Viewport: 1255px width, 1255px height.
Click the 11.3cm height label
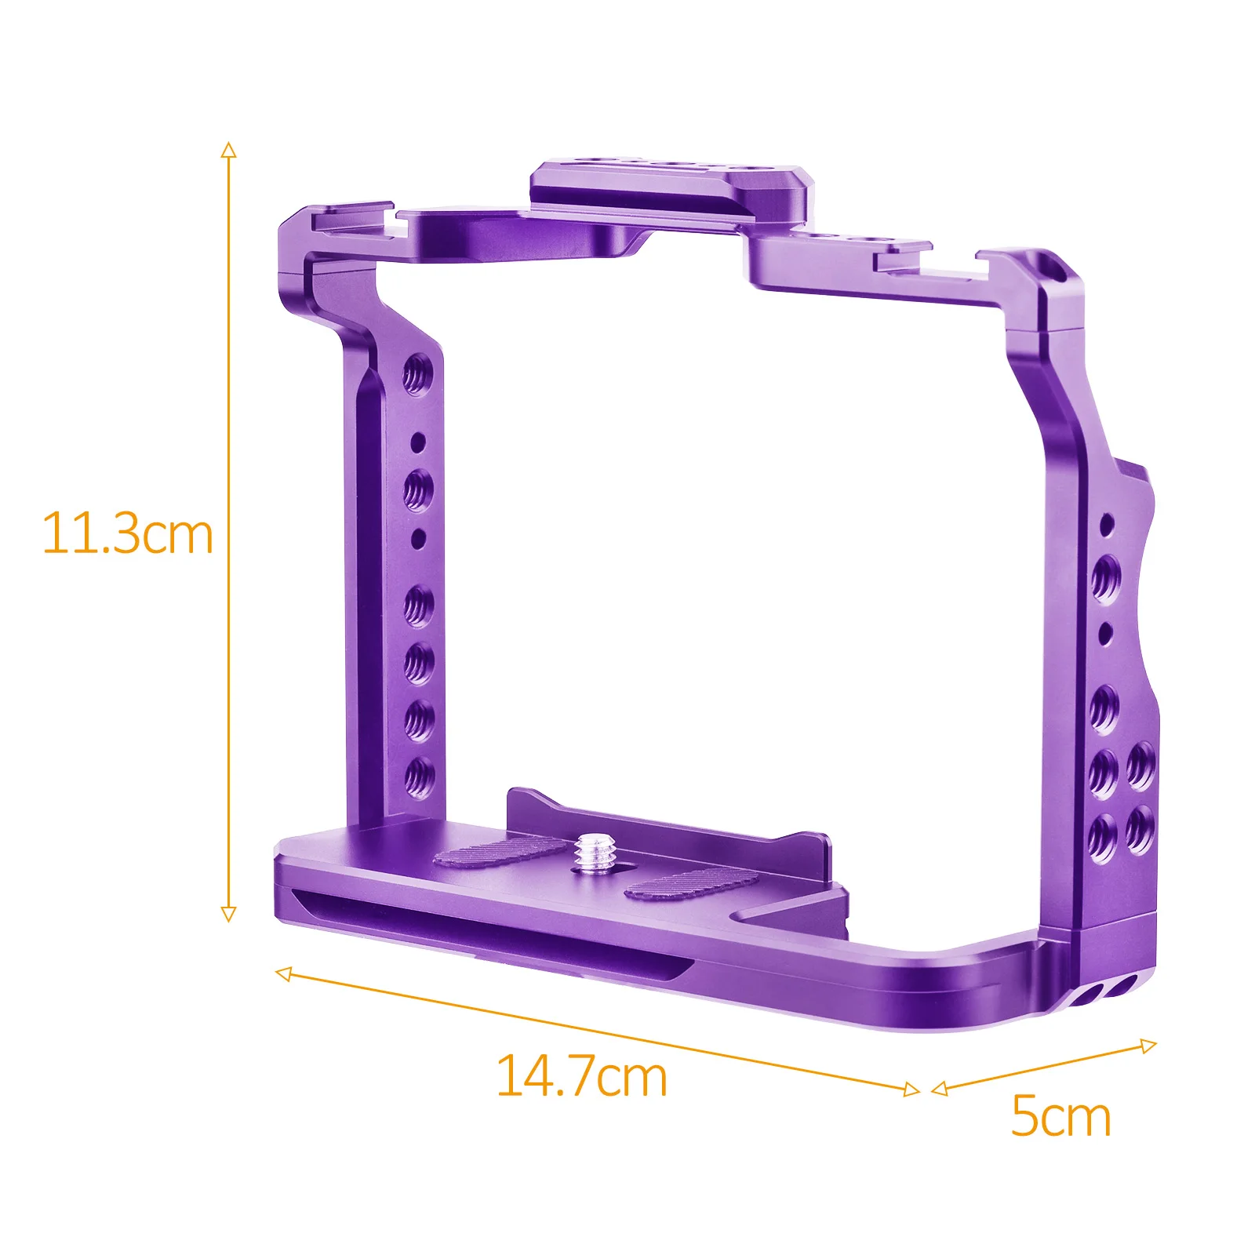pyautogui.click(x=127, y=534)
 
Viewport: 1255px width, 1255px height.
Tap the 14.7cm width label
pyautogui.click(x=581, y=1077)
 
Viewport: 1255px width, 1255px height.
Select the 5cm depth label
pyautogui.click(x=1060, y=1116)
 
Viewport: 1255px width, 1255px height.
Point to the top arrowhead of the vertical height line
pyautogui.click(x=228, y=151)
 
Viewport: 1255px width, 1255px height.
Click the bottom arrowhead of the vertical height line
pyautogui.click(x=228, y=914)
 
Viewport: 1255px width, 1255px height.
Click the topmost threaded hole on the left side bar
pyautogui.click(x=418, y=374)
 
